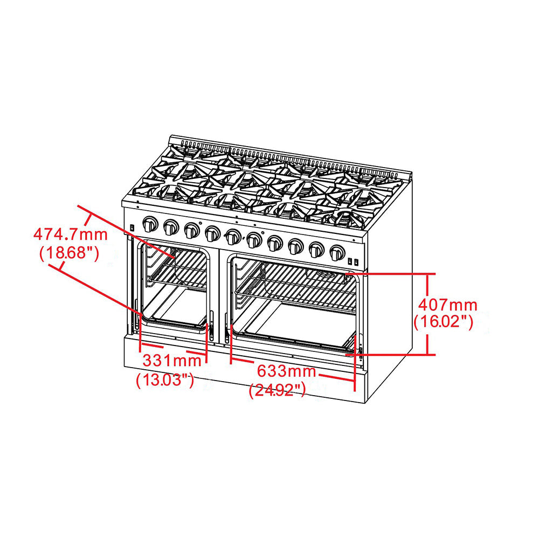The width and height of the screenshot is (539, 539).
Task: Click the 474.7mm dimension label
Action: (70, 234)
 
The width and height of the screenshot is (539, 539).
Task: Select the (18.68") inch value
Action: (69, 253)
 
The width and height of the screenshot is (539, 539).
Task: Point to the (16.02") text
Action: (443, 322)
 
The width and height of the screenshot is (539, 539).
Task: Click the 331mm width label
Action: (168, 360)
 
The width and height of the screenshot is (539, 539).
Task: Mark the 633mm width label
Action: (286, 371)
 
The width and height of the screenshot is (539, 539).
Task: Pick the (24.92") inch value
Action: (278, 390)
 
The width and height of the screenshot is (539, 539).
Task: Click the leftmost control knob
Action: (150, 224)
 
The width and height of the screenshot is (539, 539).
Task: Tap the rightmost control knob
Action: (337, 252)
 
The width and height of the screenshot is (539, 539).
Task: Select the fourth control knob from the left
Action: (212, 233)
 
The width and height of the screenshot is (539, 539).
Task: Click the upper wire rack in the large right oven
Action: (296, 294)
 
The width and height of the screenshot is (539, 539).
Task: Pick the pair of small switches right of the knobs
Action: (354, 262)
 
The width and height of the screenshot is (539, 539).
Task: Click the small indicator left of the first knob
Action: (132, 229)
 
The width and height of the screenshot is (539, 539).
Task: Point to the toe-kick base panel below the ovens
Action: (243, 372)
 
